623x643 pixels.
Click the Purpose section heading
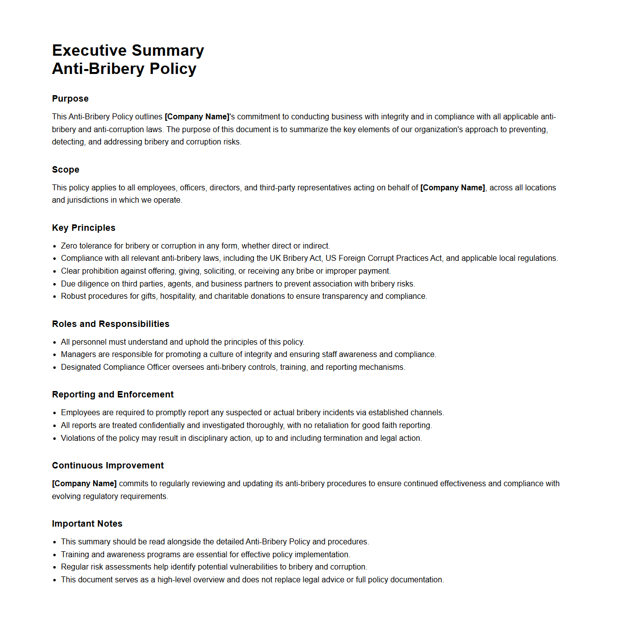[70, 99]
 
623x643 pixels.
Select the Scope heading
[66, 170]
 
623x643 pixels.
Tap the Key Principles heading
[83, 228]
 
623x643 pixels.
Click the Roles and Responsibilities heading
[110, 324]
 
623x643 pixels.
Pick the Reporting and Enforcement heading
[112, 394]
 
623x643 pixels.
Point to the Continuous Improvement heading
[108, 465]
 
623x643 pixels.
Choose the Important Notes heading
[87, 524]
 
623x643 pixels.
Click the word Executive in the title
[89, 50]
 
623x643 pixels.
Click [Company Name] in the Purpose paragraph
[197, 117]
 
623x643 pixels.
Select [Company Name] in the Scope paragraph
[452, 188]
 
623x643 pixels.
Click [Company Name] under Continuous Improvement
[84, 484]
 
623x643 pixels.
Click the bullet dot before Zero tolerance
[55, 246]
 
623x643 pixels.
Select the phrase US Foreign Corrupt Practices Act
[383, 258]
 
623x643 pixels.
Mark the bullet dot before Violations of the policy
[55, 438]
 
